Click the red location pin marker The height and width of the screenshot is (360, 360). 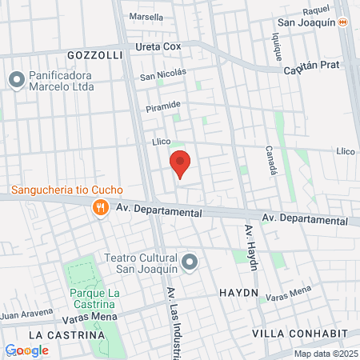point(181,164)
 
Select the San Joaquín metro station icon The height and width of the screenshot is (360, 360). point(343,24)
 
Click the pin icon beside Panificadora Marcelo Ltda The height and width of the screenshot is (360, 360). point(15,80)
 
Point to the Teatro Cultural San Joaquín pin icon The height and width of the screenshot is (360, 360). point(190,262)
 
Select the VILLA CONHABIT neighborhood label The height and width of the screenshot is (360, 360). point(299,333)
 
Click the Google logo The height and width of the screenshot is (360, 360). point(26,350)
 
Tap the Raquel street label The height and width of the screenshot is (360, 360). point(316,10)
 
